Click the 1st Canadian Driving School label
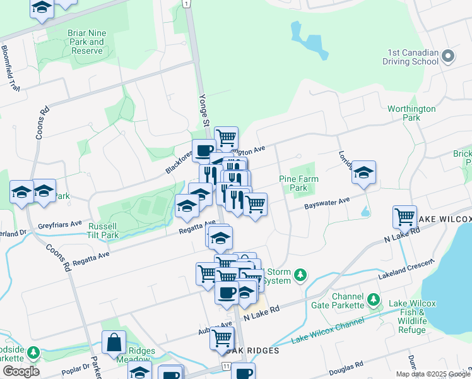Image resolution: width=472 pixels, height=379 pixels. [x=410, y=56]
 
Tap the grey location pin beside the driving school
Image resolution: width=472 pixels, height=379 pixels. [x=448, y=57]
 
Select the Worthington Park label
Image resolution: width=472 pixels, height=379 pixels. [x=411, y=113]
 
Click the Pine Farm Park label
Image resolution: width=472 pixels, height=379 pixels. [x=298, y=183]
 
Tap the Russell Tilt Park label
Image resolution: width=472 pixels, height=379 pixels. [x=102, y=231]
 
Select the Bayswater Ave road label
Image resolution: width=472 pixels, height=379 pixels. [x=327, y=202]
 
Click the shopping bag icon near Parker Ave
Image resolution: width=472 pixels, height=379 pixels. [x=115, y=344]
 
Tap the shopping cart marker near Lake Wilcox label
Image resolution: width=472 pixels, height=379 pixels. [x=404, y=217]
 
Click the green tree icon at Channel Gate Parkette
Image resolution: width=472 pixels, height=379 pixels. [x=374, y=298]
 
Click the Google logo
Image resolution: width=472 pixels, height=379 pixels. [x=21, y=371]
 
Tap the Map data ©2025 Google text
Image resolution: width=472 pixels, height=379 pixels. [x=432, y=374]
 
